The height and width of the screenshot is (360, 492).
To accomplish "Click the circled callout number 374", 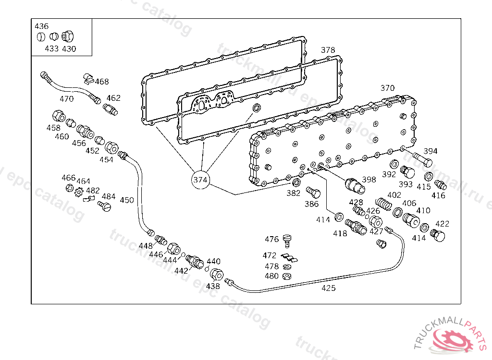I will coord(200,180).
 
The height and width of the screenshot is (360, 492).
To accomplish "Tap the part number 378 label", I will coord(328,50).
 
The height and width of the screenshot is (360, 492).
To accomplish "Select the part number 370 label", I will coord(387,88).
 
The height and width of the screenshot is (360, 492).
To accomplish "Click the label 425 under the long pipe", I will coord(329,288).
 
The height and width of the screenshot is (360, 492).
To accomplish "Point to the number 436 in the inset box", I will coord(41,26).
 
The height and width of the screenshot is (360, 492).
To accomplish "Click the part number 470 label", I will coord(66,99).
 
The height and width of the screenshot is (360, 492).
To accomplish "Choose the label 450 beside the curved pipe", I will coord(127,200).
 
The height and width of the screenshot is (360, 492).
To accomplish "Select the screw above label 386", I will coord(313,192).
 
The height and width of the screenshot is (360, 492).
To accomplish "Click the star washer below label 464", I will coord(79,192).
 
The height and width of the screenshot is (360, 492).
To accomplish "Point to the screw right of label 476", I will coord(287,239).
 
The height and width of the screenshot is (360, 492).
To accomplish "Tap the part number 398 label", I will coord(369,180).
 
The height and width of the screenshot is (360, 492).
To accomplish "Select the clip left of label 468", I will coord(88,78).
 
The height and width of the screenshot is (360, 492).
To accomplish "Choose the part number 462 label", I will coord(113,98).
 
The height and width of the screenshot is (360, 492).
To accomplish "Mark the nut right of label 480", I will coord(287,276).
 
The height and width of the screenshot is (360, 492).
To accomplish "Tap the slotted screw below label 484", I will coord(104,206).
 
